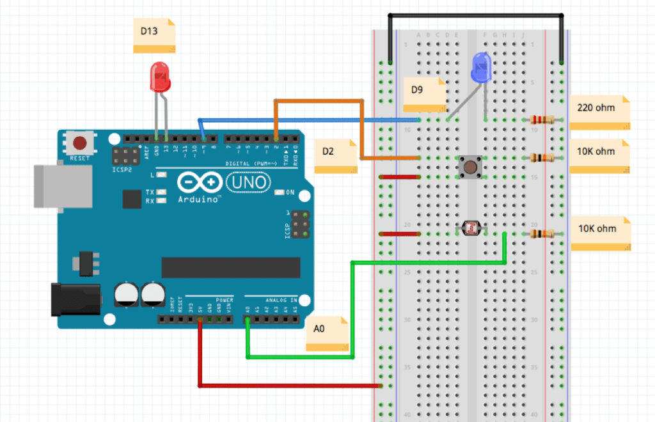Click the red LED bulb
pos(160,76)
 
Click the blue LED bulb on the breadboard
pos(482,68)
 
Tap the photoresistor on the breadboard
pos(472,227)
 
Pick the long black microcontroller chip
pos(230,267)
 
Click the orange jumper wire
pos(319,100)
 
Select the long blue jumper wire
pos(307,120)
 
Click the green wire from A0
pos(352,307)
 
